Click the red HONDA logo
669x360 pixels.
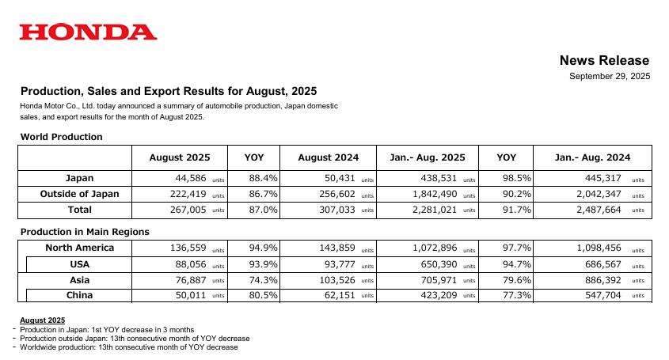pos(88,32)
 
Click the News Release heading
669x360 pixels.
pos(604,60)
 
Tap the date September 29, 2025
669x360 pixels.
pos(610,76)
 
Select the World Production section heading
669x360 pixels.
pos(61,137)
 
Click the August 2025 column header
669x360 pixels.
pos(180,157)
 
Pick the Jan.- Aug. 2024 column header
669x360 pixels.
pos(593,157)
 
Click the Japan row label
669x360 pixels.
pos(79,178)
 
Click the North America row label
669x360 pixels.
pos(79,248)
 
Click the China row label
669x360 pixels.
pos(79,295)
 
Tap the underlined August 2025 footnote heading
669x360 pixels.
pos(42,320)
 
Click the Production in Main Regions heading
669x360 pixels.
pos(85,232)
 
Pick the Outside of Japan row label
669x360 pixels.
pos(79,194)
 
